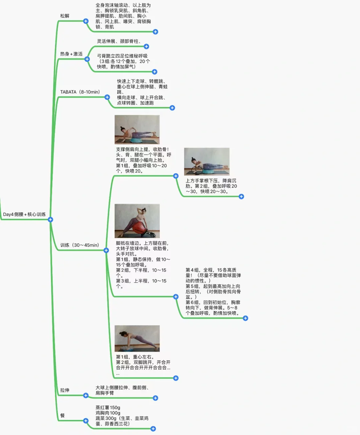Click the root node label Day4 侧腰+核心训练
coord(24,215)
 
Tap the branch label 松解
coord(65,16)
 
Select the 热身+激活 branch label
coord(71,54)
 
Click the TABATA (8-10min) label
coord(80,92)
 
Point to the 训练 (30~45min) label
coord(80,245)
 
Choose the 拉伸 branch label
coord(65,390)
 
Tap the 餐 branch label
coord(62,415)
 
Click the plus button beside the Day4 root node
coord(50,219)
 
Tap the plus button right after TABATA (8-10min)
coord(107,97)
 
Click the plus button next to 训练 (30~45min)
coord(106,250)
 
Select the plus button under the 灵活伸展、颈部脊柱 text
coord(146,47)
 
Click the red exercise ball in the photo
coord(139,228)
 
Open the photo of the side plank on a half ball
coord(137,130)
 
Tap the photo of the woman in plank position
coord(137,338)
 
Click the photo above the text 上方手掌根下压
coord(207,162)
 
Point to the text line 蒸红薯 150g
coord(108,408)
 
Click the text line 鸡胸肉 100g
coord(108,413)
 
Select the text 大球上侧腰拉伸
coord(112,388)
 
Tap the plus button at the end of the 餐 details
coord(153,429)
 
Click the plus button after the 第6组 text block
coord(245,318)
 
